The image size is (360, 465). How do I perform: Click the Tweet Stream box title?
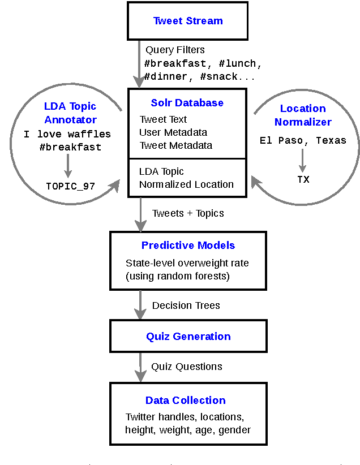(188, 21)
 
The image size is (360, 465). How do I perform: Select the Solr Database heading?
(187, 103)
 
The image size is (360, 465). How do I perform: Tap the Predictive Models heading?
(188, 246)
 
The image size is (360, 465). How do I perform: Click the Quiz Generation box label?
(188, 337)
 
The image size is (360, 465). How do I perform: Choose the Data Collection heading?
(186, 401)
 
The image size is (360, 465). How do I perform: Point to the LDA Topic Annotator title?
(70, 113)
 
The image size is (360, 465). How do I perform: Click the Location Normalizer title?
(303, 115)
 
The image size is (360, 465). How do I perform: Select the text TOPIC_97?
(70, 186)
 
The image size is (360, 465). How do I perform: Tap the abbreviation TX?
(303, 179)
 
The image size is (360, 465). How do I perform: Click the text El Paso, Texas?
(303, 140)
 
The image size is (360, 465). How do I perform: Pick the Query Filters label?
(175, 50)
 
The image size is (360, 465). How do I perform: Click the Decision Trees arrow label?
(186, 305)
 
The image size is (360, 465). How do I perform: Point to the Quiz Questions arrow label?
(186, 367)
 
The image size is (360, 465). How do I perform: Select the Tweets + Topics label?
(188, 213)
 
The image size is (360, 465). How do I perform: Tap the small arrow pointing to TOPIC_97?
(68, 165)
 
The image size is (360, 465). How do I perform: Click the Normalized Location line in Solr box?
(186, 184)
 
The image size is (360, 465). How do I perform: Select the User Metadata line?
(173, 132)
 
